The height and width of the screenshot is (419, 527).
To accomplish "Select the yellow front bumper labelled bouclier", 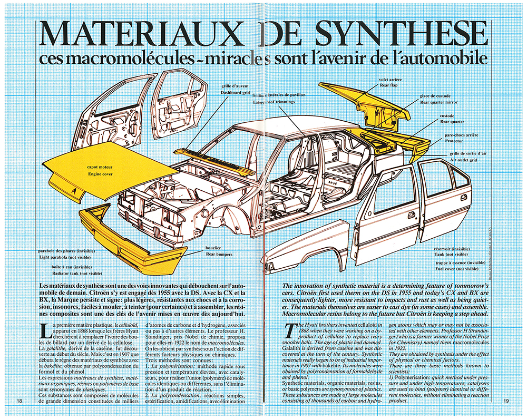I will pyautogui.click(x=132, y=237).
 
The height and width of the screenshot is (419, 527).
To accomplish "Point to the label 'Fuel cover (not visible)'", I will pyautogui.click(x=452, y=268).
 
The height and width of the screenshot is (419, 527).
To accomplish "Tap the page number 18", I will pyautogui.click(x=19, y=401).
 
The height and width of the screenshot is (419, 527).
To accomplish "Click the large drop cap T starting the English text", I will pyautogui.click(x=289, y=332).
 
